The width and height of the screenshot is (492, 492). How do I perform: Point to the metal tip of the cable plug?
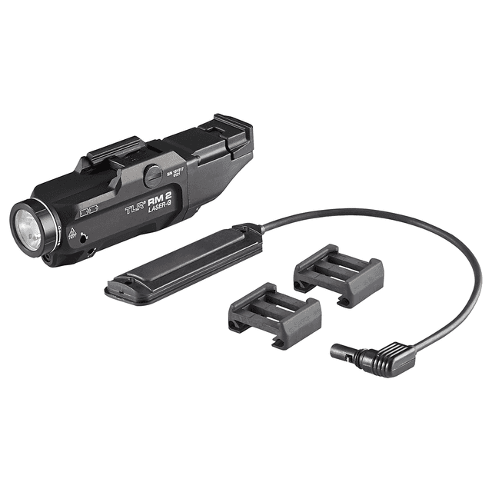[337, 352]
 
